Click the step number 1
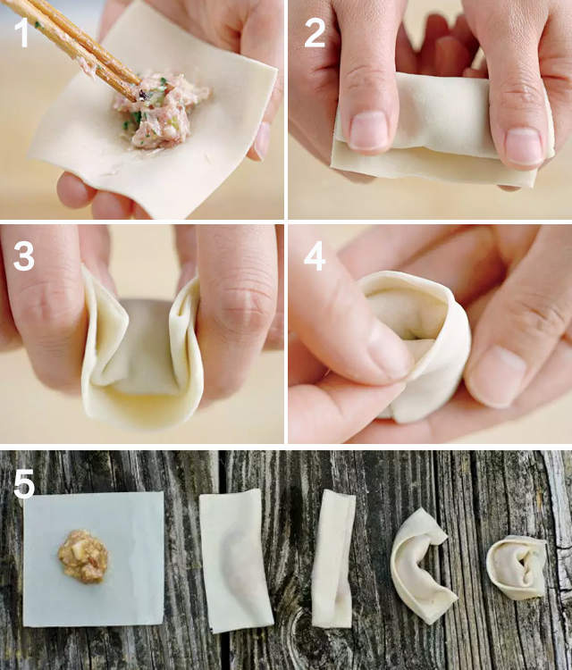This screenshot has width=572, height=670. (x=21, y=32)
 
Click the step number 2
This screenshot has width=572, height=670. (x=315, y=32)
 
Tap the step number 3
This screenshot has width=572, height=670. (x=24, y=256)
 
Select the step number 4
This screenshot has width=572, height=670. (x=315, y=256)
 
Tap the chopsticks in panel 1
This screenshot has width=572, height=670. (x=72, y=43)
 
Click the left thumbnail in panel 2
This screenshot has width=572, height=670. (x=368, y=130)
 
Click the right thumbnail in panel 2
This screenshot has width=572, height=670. (x=524, y=147)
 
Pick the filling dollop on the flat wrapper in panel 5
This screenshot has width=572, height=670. (x=83, y=557)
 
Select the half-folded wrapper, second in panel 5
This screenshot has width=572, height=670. (x=235, y=561)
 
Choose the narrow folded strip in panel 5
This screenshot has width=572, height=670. (x=333, y=559)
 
